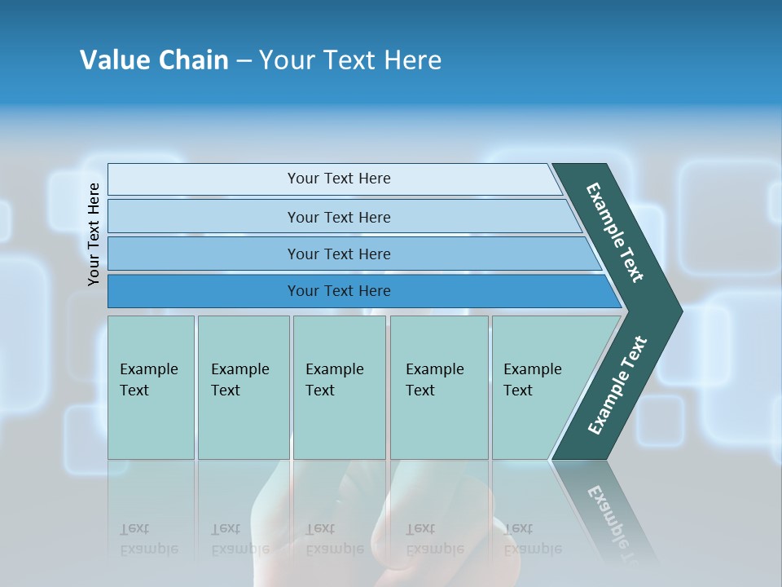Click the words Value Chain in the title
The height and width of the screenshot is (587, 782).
click(x=154, y=60)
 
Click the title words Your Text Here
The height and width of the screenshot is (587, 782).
click(x=350, y=60)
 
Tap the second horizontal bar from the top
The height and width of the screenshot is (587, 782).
click(x=339, y=217)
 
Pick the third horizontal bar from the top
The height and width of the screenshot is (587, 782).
click(x=339, y=254)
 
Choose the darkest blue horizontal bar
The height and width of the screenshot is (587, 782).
click(x=339, y=291)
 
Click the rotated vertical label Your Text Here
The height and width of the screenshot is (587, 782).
click(x=94, y=234)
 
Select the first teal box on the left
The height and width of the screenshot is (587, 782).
click(x=151, y=387)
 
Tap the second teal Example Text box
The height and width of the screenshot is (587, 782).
click(x=243, y=387)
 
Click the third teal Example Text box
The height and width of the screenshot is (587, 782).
click(x=339, y=387)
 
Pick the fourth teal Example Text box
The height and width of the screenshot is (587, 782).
click(x=438, y=387)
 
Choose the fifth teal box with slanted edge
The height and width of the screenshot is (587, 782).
click(x=538, y=387)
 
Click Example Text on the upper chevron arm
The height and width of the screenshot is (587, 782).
click(x=615, y=232)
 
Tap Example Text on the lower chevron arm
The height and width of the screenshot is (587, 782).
click(x=617, y=385)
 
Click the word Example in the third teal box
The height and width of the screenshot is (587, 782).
click(x=334, y=369)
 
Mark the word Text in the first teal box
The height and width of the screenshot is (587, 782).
click(x=134, y=391)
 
